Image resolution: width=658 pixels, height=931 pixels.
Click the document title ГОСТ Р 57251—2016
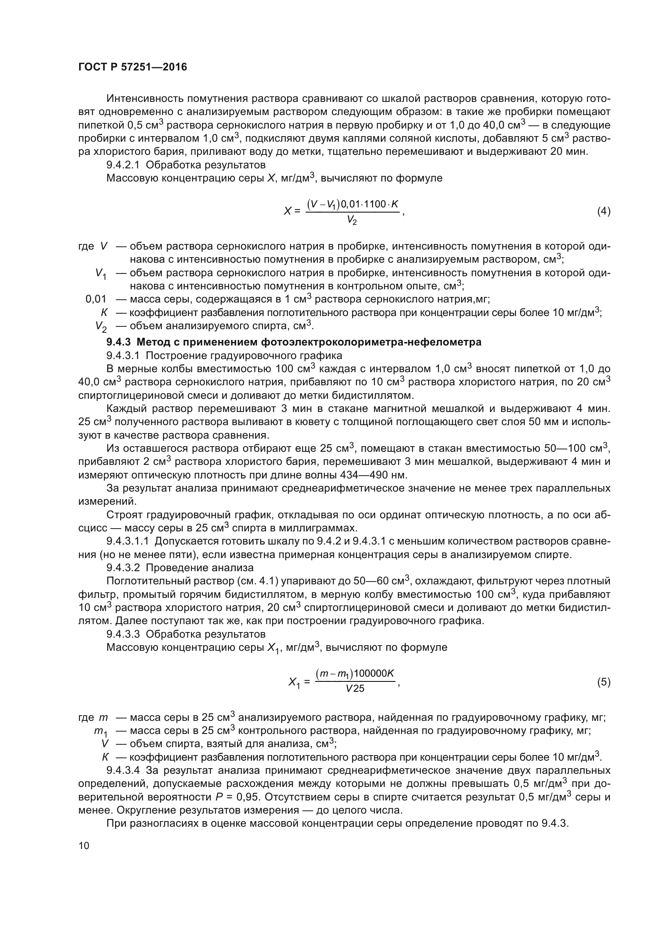132,67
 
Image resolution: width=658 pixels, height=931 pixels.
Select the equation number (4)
604,211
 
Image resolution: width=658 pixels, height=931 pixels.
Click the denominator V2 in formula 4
351,221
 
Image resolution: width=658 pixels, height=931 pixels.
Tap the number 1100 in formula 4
375,204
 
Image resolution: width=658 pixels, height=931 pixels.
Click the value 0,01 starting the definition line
95,299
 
